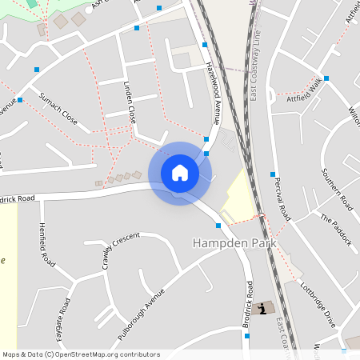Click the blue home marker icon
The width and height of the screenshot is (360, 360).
(x=180, y=173)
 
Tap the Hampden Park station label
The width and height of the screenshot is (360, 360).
(x=234, y=242)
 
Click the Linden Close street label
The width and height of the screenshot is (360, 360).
(x=130, y=101)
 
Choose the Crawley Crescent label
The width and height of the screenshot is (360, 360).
(x=120, y=250)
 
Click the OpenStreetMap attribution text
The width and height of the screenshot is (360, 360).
(x=81, y=354)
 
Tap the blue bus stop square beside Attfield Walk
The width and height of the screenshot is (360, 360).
(x=326, y=78)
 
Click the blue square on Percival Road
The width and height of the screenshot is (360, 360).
(x=273, y=174)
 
